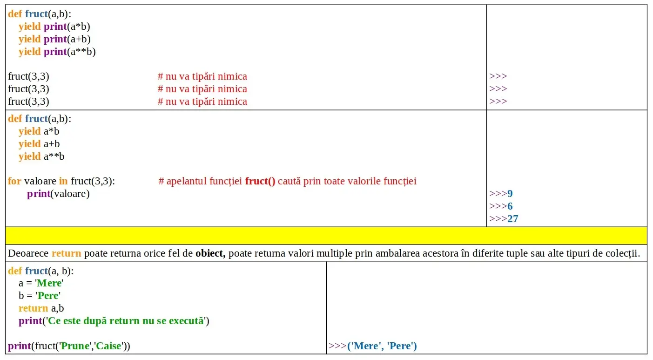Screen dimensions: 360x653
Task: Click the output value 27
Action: [x=513, y=219]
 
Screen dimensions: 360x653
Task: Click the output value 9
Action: [x=510, y=194]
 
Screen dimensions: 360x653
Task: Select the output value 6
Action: [x=510, y=206]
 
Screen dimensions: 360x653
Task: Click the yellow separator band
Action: [x=326, y=236]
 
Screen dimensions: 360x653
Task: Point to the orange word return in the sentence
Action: [x=66, y=254]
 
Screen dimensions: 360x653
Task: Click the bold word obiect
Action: [x=210, y=254]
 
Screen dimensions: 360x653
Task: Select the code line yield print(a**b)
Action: [x=57, y=52]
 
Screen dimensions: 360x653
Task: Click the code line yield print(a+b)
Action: [x=54, y=39]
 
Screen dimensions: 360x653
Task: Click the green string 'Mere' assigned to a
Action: [x=49, y=283]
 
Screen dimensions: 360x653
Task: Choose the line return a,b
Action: [x=41, y=308]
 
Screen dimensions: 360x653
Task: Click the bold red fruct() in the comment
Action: [x=260, y=181]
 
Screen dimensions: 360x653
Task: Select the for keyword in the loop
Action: [x=14, y=181]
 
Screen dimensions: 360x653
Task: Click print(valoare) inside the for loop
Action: [x=58, y=194]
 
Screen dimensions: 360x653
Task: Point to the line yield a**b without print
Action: [x=41, y=156]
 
